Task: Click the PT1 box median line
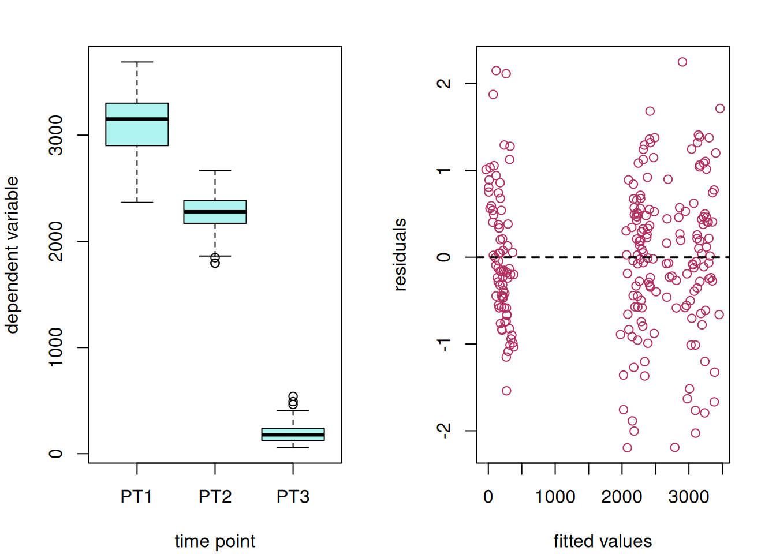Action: pos(137,119)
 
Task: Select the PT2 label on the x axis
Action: pos(215,497)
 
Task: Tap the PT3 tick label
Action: pos(293,497)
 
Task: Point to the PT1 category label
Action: pos(136,497)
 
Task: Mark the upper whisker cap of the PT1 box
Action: pos(137,62)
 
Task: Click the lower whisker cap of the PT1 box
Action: pos(137,203)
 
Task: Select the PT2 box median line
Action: pos(215,212)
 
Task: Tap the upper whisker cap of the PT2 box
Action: pos(215,170)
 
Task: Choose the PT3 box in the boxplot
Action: pos(293,435)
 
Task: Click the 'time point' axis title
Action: pos(215,541)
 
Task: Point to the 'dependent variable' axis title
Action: pos(12,254)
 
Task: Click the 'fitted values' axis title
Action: pos(603,541)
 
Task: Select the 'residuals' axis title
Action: pos(400,254)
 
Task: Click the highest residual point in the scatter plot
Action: pos(682,62)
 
